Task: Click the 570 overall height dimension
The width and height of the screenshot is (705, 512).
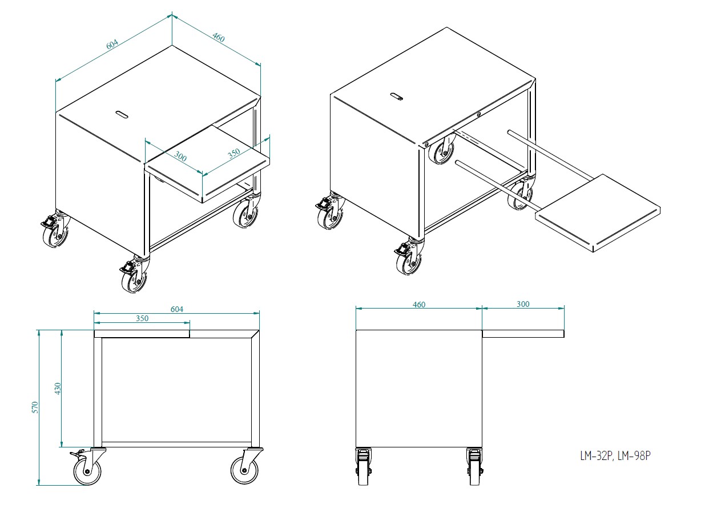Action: [35, 407]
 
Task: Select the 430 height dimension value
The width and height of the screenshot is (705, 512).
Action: [57, 389]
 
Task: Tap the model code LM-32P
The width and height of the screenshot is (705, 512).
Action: [595, 456]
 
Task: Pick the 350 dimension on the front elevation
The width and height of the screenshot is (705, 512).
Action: [142, 318]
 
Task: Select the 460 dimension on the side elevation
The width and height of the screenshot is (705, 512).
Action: [418, 305]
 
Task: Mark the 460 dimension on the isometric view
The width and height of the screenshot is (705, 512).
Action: [218, 38]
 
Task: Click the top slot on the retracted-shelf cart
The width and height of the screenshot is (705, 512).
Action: [122, 114]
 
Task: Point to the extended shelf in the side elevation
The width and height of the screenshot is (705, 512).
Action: [523, 334]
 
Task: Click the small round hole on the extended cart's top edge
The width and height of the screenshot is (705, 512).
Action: [479, 113]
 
